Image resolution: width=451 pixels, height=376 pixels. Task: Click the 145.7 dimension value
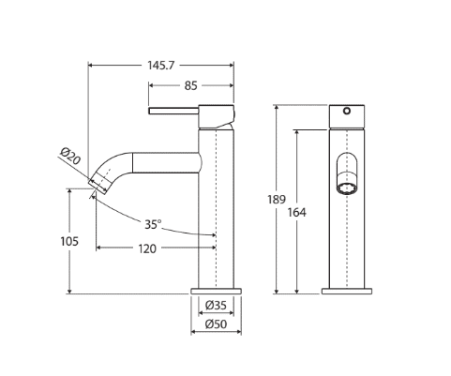[160, 66]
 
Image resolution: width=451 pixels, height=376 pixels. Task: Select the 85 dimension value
[190, 85]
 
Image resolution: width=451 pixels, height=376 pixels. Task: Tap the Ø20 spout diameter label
[70, 157]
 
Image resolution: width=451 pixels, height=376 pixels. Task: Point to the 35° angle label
[153, 224]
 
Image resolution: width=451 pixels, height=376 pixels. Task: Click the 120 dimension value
[147, 248]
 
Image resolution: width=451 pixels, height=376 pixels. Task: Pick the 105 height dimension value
[69, 241]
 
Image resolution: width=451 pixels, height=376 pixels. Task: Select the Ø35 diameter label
[216, 305]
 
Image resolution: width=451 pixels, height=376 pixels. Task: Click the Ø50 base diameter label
[216, 324]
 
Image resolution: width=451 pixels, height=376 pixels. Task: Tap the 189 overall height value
[277, 199]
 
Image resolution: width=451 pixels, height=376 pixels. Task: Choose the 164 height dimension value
[297, 213]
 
